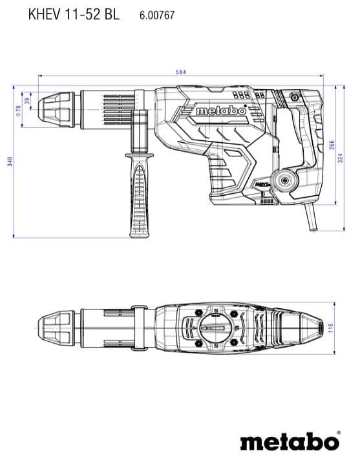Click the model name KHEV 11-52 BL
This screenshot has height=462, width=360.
[x=74, y=14]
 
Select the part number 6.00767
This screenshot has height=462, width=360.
[x=157, y=15]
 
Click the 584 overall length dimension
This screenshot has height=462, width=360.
[x=180, y=72]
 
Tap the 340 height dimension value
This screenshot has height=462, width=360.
[x=10, y=162]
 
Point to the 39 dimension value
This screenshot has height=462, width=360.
[x=27, y=101]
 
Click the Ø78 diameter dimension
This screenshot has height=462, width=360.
[x=18, y=110]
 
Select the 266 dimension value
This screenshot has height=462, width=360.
[x=332, y=145]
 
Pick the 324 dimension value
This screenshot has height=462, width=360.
[x=341, y=158]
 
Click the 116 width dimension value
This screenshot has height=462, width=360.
[x=330, y=328]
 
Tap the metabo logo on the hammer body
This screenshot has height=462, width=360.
[x=221, y=110]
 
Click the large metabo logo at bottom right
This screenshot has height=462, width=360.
[x=290, y=441]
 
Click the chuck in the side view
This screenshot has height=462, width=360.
[x=57, y=110]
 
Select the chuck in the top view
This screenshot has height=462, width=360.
[x=57, y=328]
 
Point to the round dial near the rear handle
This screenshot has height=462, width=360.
[x=285, y=180]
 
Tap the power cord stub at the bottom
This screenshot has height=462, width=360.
[x=310, y=217]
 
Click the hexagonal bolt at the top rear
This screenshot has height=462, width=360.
[x=294, y=97]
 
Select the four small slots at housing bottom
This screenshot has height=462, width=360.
[x=267, y=201]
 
